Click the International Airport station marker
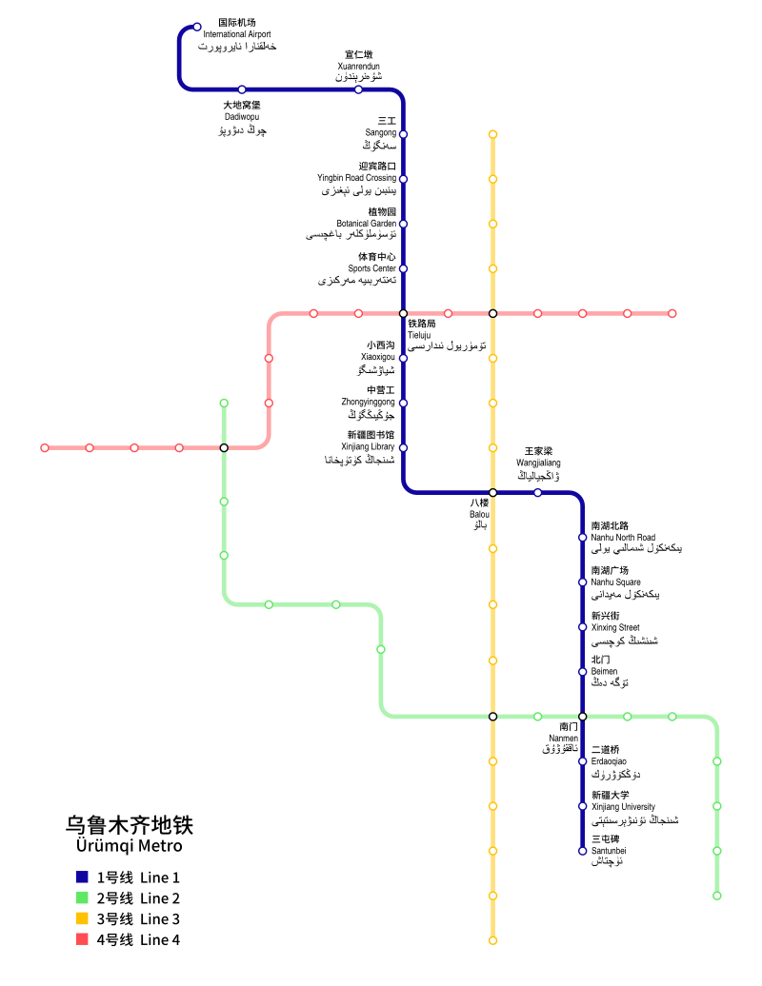(197, 27)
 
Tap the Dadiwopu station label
(241, 117)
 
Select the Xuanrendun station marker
(358, 89)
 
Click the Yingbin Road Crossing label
(356, 178)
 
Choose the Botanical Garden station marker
(403, 224)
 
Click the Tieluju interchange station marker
(403, 313)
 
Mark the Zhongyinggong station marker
(403, 403)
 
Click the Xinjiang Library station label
(368, 446)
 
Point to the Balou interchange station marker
(492, 492)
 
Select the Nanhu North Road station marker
(582, 537)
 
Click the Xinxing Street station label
(615, 627)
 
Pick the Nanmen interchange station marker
(582, 716)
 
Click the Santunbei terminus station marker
(582, 851)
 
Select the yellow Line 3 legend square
(82, 918)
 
